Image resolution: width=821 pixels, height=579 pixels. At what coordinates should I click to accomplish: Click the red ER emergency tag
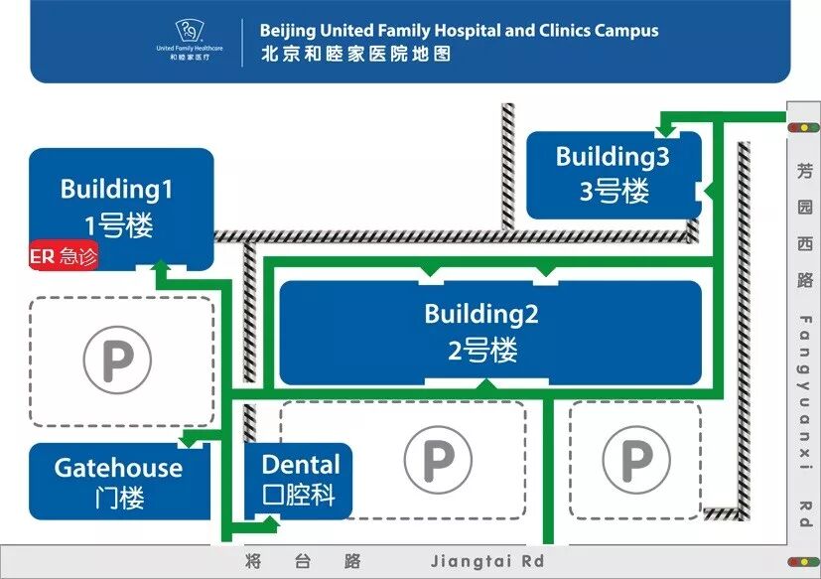pyautogui.click(x=65, y=257)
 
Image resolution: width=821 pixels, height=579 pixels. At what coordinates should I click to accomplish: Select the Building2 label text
pyautogui.click(x=480, y=314)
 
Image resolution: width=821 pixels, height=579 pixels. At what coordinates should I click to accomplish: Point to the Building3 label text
pyautogui.click(x=612, y=156)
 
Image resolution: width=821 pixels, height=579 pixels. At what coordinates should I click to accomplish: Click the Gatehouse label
pyautogui.click(x=118, y=468)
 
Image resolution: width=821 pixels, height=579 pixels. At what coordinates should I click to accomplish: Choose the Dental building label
pyautogui.click(x=300, y=464)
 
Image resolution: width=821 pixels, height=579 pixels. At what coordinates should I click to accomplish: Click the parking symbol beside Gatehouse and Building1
pyautogui.click(x=117, y=359)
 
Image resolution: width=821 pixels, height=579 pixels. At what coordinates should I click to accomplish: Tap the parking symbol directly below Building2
pyautogui.click(x=437, y=460)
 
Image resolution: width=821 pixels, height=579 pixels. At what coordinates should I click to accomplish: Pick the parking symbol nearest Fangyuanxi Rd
pyautogui.click(x=635, y=460)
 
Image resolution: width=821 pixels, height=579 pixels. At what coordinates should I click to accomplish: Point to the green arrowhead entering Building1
pyautogui.click(x=159, y=265)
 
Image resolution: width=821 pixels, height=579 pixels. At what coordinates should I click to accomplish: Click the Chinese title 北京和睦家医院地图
pyautogui.click(x=355, y=54)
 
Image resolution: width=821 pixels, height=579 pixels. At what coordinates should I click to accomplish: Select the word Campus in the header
pyautogui.click(x=626, y=31)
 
